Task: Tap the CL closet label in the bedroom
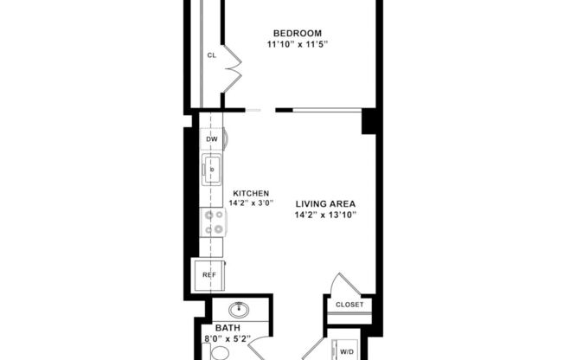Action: pos(211,56)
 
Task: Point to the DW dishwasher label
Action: pos(211,138)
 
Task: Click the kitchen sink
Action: pos(211,170)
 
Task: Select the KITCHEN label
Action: pos(250,193)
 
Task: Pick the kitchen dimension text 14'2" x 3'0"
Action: pos(250,203)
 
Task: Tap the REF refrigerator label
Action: pos(208,274)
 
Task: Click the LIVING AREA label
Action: pos(325,203)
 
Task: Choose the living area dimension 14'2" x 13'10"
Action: pos(325,215)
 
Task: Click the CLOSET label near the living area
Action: pos(350,305)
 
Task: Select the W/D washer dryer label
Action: pos(346,351)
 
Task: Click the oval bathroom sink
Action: pos(239,309)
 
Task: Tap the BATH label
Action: pos(227,329)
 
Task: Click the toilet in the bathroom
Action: pos(221,353)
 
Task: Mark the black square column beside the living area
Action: pos(369,121)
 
